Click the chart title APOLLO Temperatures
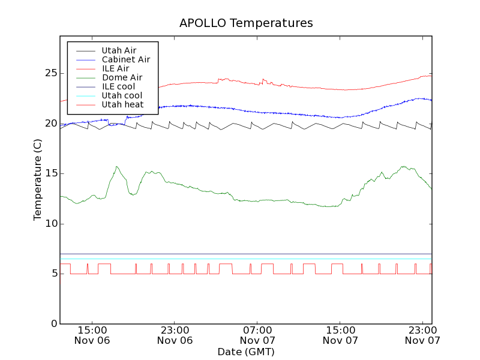coord(246,23)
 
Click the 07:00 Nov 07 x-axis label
coord(257,335)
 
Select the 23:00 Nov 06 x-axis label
coord(175,335)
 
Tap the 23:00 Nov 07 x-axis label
coord(422,335)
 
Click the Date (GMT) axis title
coord(246,352)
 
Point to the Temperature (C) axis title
coord(37,180)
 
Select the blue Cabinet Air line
coord(240,111)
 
